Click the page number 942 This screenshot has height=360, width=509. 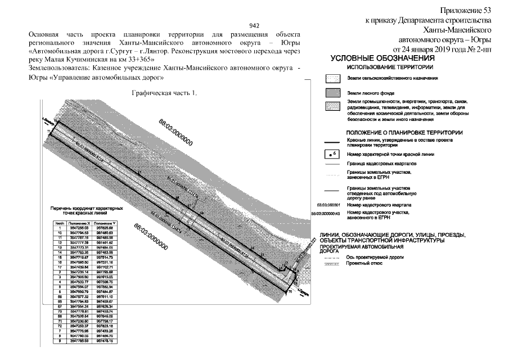point(254,26)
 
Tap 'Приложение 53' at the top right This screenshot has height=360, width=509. point(466,10)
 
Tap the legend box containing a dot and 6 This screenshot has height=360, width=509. point(333,154)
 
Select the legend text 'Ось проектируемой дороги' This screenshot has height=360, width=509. point(375,256)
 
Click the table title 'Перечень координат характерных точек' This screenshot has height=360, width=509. point(87,210)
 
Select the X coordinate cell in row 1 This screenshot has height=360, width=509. point(79,228)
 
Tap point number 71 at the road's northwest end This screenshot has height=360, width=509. point(49,131)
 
